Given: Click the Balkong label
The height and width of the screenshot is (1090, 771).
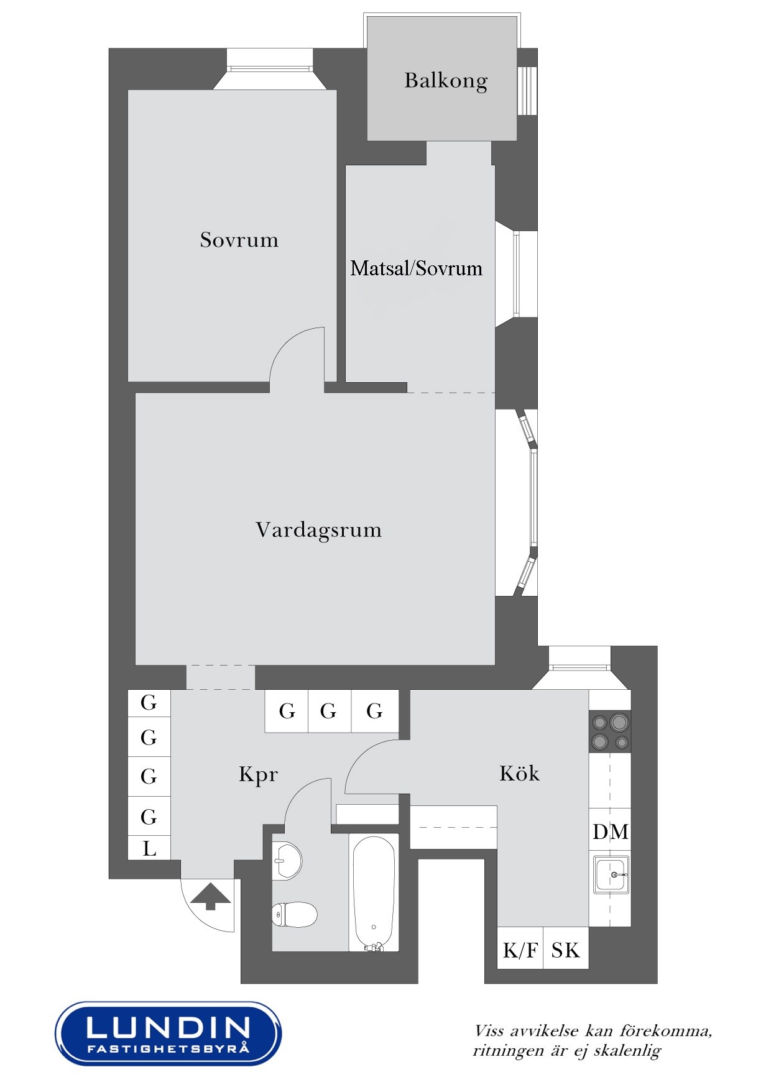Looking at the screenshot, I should click(x=446, y=81).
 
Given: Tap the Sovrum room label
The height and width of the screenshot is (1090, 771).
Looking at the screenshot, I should click(x=239, y=240).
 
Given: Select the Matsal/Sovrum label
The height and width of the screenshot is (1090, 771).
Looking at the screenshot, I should click(x=416, y=268).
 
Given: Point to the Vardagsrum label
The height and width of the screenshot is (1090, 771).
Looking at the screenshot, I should click(x=318, y=530).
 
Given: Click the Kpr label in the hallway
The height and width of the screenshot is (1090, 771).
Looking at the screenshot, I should click(x=258, y=774).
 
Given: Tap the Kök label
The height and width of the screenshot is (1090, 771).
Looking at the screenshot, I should click(x=519, y=773).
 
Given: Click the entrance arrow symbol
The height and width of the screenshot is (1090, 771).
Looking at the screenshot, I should click(x=210, y=897).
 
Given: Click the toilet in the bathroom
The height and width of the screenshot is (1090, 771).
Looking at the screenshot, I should click(x=295, y=915).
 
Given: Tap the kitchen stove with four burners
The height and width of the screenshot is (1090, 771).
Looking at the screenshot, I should click(x=610, y=731).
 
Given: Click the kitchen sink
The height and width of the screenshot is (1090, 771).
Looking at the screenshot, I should click(x=611, y=874).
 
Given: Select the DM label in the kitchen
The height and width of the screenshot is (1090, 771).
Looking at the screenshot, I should click(x=610, y=831).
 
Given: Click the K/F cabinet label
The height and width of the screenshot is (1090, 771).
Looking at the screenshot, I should click(x=520, y=950).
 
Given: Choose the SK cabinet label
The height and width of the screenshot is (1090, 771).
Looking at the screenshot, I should click(x=565, y=950).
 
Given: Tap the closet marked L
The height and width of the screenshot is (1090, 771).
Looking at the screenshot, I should click(x=149, y=848).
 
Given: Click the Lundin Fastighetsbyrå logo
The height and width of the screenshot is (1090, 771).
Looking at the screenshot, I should click(x=168, y=1033).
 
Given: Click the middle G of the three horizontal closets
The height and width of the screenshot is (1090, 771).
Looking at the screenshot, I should click(x=329, y=710).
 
